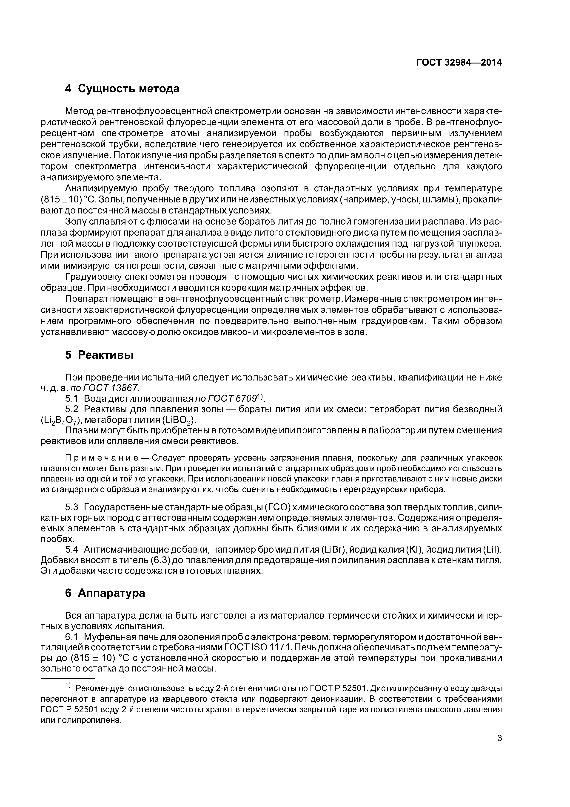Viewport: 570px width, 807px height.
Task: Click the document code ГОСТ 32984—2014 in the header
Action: (x=459, y=63)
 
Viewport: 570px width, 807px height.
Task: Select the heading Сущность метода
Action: (x=128, y=89)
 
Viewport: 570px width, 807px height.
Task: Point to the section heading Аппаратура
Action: (x=111, y=593)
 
